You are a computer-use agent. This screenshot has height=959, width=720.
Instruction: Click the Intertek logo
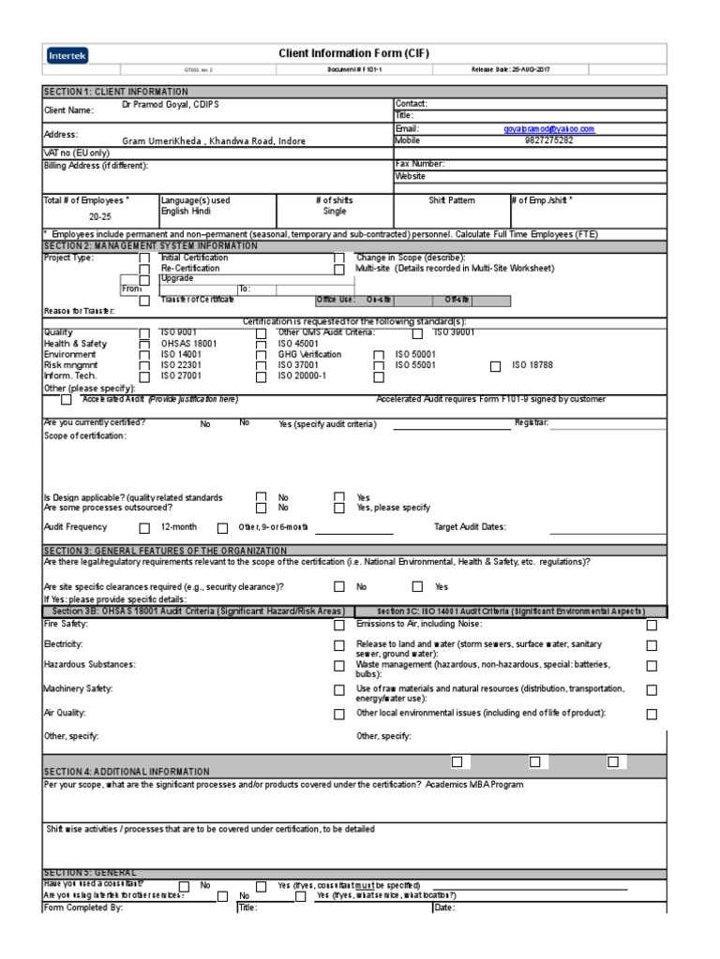pos(67,56)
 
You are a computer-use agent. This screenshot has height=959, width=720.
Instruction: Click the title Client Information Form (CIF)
pos(354,54)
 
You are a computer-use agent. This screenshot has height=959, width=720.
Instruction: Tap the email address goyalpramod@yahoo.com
pos(548,129)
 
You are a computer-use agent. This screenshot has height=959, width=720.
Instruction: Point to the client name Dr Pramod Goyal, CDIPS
pos(177,105)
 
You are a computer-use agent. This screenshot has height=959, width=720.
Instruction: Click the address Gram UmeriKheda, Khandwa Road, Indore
pos(214,140)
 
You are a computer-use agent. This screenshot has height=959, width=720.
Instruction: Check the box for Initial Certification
pos(144,258)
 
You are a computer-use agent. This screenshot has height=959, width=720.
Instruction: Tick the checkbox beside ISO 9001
pos(144,333)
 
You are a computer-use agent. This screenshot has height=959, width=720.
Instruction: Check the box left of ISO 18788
pos(496,366)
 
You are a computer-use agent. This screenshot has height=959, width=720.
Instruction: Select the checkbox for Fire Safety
pos(339,626)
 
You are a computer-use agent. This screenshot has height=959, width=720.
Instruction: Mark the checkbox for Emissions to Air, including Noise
pos(652,626)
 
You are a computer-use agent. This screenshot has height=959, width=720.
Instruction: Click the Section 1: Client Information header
pos(115,92)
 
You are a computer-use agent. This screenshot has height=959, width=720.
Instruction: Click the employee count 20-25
pos(100,215)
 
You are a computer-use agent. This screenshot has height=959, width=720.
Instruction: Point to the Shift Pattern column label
pos(452,200)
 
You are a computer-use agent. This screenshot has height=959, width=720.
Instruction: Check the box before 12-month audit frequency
pos(144,528)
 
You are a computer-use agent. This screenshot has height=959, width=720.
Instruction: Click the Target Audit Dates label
pos(470,527)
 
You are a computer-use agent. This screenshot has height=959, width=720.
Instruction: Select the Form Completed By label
pos(83,907)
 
